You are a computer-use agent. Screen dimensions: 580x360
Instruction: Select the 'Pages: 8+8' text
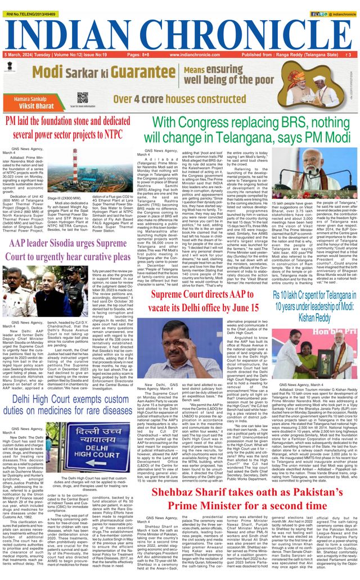pyautogui.click(x=138, y=55)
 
